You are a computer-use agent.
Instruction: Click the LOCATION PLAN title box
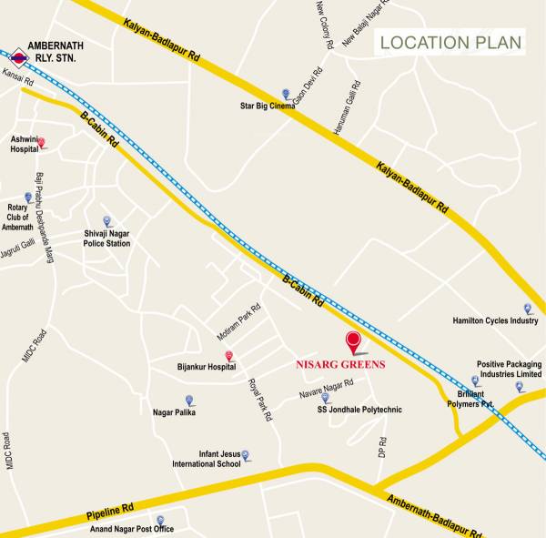451,42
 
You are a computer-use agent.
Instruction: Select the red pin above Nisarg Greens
353,342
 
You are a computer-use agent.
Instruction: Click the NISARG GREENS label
341,365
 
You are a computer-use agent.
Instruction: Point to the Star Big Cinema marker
286,94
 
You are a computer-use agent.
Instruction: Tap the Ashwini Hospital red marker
41,143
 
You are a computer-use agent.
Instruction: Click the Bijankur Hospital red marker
229,356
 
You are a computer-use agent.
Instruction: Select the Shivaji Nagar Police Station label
106,239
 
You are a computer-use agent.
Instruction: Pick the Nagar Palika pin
189,400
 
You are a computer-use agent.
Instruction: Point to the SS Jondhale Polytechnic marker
326,397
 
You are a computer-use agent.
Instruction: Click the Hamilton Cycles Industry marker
527,309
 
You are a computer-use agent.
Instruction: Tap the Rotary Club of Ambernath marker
28,197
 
